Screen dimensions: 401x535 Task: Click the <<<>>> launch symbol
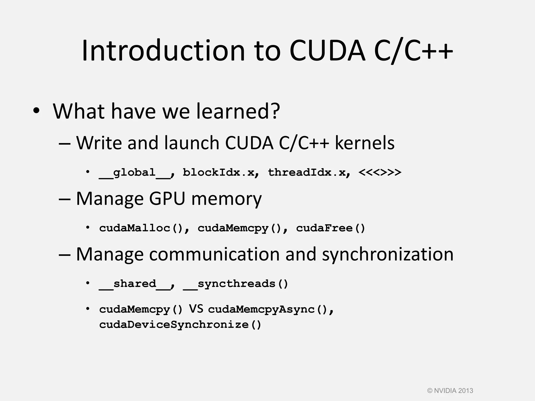point(380,173)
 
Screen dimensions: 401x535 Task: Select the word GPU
point(167,199)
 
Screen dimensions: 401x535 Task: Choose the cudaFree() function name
point(330,228)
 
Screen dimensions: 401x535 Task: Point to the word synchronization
point(388,254)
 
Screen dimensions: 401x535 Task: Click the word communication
point(214,254)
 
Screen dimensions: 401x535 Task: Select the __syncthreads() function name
point(235,284)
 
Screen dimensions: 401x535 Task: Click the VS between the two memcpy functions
point(196,309)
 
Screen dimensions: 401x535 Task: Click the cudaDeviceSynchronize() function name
point(180,325)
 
